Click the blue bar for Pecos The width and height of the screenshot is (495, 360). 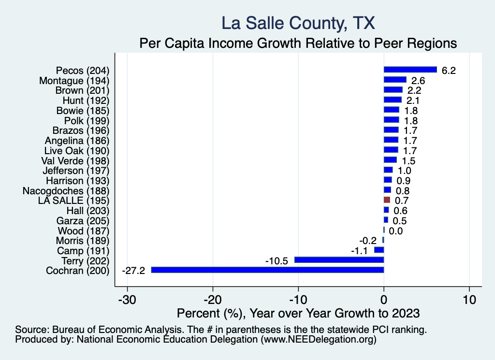(410, 70)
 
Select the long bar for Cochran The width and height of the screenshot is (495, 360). (267, 270)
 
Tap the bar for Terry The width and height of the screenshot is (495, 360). (339, 260)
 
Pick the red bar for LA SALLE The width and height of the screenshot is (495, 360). (387, 200)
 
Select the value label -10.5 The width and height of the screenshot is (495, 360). (277, 260)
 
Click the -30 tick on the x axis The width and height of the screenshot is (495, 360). (127, 299)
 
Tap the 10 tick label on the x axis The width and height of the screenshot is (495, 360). (469, 299)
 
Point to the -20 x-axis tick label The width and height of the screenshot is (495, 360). (213, 299)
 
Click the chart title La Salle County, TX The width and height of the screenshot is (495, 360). (298, 23)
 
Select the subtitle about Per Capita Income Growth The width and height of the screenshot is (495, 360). (298, 43)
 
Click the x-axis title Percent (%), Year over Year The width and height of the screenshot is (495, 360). (298, 313)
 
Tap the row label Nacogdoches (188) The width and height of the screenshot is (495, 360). (66, 190)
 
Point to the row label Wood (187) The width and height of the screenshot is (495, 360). (84, 230)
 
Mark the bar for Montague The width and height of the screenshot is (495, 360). (395, 80)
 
